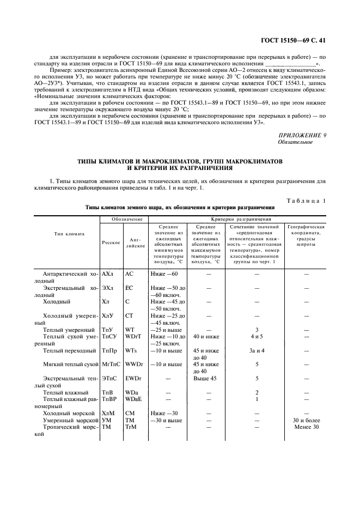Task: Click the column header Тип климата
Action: coord(69,234)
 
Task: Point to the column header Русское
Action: coord(111,242)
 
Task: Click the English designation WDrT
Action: coord(133,337)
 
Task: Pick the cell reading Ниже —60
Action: coord(163,274)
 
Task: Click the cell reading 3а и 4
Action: coord(257,350)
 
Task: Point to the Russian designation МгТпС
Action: coord(111,364)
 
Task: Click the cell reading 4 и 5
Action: coord(257,337)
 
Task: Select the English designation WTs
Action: coord(131,350)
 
